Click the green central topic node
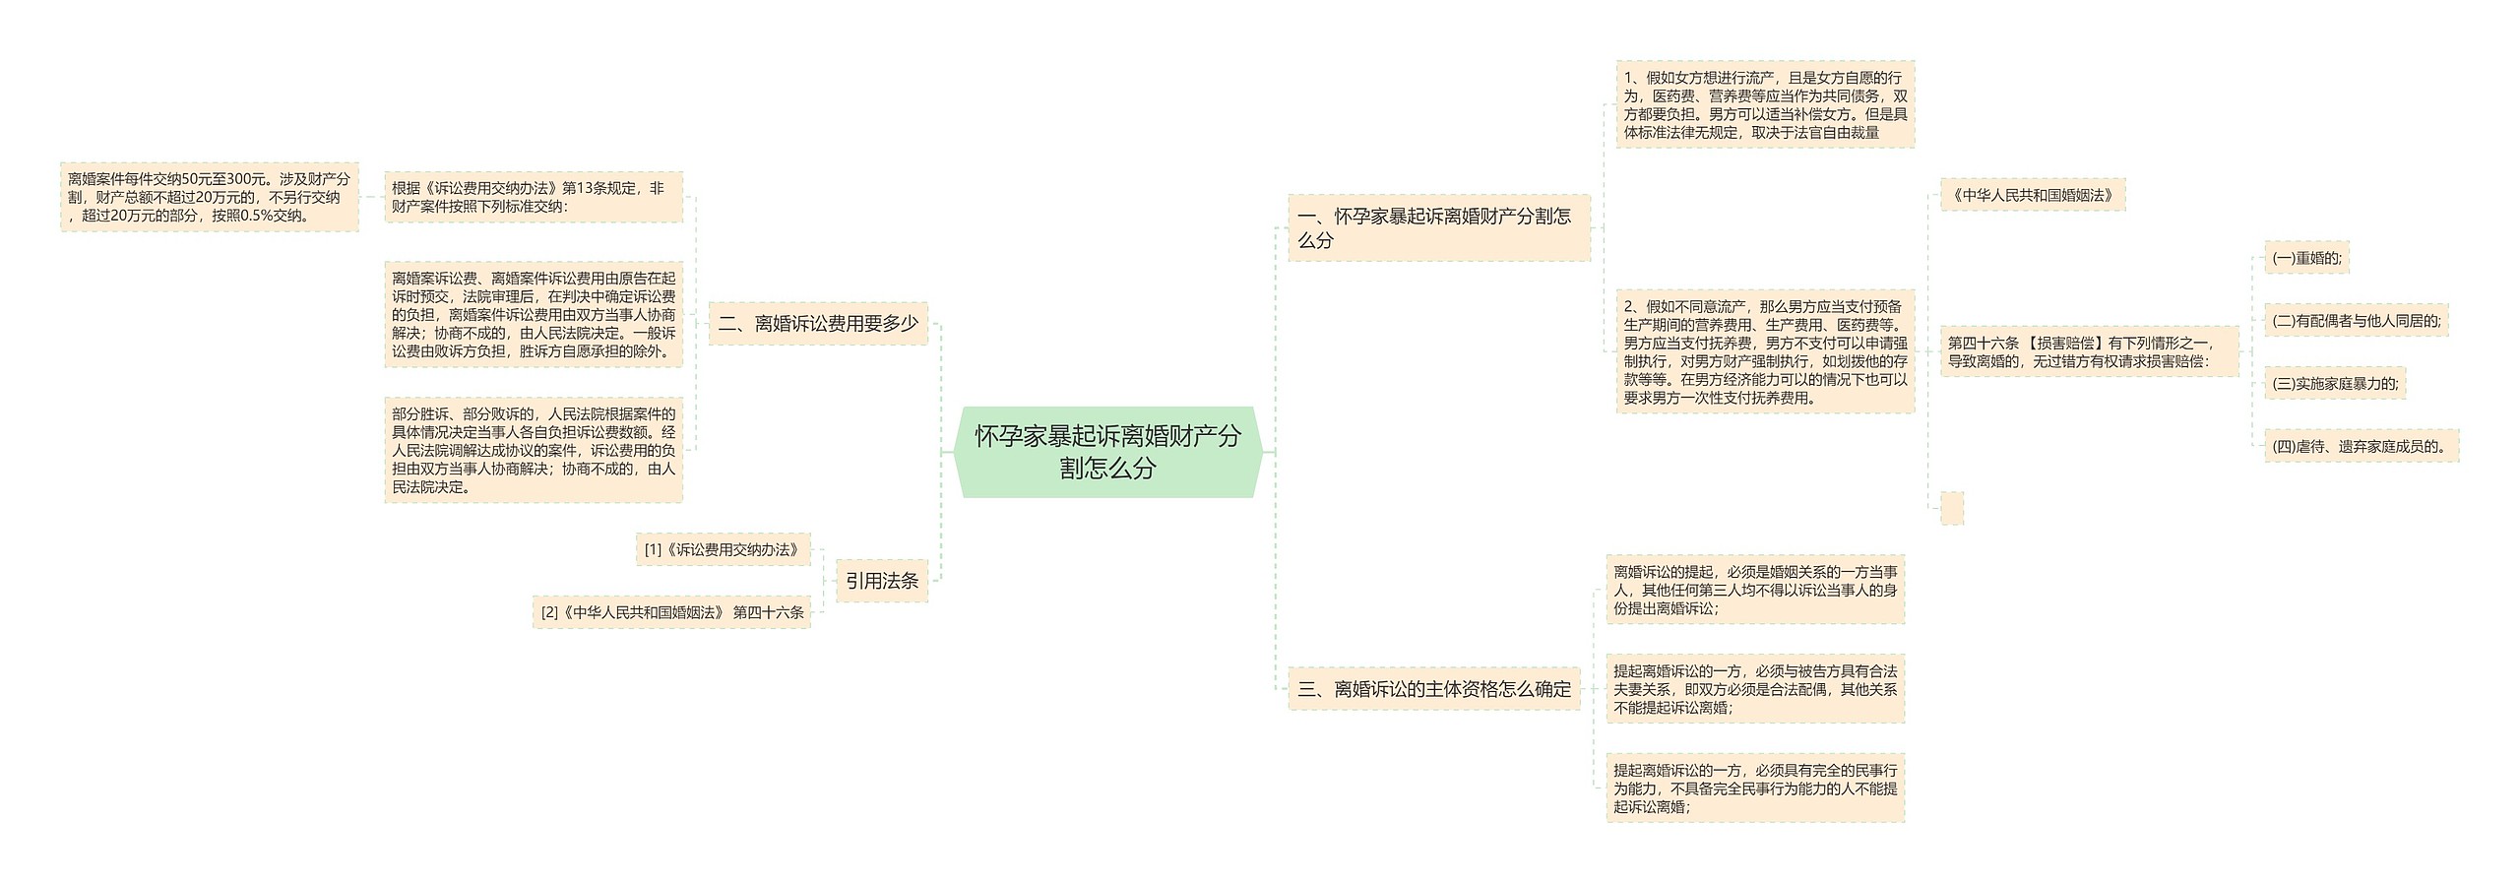point(1107,451)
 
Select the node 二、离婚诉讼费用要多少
point(818,323)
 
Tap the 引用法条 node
point(881,581)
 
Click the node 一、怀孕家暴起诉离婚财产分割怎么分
point(1438,227)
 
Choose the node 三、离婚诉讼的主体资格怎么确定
point(1433,689)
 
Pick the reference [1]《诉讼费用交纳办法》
point(723,549)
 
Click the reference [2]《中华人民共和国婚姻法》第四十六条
point(671,612)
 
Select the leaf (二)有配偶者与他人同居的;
point(2356,321)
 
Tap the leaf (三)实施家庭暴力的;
point(2334,384)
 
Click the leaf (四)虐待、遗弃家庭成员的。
point(2361,446)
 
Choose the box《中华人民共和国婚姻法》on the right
point(2032,195)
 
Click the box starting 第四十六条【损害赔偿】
point(2088,351)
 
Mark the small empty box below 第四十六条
point(1951,508)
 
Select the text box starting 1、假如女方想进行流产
point(1765,104)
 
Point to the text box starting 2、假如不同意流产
point(1765,351)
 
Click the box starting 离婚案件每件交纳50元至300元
point(209,197)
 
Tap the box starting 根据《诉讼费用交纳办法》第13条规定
point(533,197)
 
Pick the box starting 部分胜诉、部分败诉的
point(533,450)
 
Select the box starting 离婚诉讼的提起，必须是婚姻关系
point(1755,590)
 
